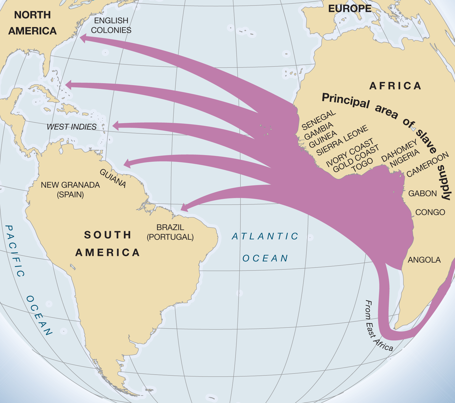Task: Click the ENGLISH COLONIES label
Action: tap(111, 25)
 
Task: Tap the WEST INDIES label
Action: tap(72, 127)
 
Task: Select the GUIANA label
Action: tap(113, 178)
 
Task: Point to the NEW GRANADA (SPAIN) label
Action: tap(70, 190)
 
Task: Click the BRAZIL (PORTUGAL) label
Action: tap(170, 232)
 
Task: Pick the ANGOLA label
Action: tap(424, 260)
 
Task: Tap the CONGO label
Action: tap(430, 212)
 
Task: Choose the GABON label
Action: tap(422, 193)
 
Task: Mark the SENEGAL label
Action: tap(319, 120)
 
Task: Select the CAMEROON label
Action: tap(428, 164)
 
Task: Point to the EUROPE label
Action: tap(350, 9)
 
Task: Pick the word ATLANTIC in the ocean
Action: tap(265, 236)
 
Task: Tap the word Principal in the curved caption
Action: tap(346, 100)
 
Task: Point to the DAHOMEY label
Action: tap(399, 150)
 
